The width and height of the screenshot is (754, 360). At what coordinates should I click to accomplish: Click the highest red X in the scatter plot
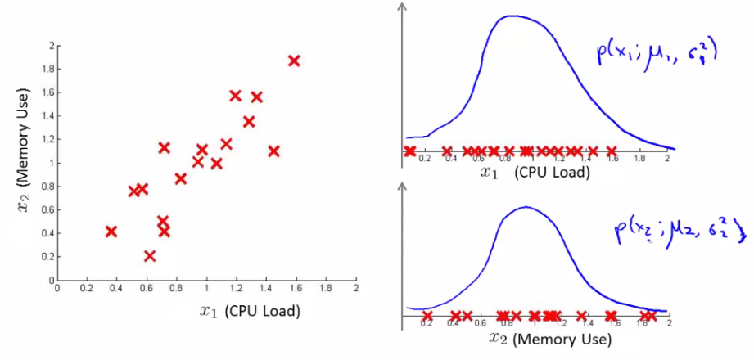pyautogui.click(x=294, y=61)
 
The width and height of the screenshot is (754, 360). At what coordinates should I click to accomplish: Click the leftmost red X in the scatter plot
pyautogui.click(x=111, y=232)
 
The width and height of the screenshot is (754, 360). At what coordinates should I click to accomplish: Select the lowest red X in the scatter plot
pyautogui.click(x=149, y=256)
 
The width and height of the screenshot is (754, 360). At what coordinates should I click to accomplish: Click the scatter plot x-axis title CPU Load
pyautogui.click(x=250, y=311)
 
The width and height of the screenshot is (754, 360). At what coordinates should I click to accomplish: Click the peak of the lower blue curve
pyautogui.click(x=525, y=207)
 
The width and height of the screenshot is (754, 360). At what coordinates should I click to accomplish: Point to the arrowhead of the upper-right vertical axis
pyautogui.click(x=402, y=7)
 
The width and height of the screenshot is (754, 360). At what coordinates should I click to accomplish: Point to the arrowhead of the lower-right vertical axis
pyautogui.click(x=402, y=187)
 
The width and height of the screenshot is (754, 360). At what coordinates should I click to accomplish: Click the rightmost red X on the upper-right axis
pyautogui.click(x=611, y=151)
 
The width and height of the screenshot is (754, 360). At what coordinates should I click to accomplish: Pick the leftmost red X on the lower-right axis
pyautogui.click(x=427, y=315)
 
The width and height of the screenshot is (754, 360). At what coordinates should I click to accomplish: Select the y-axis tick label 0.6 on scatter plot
pyautogui.click(x=48, y=209)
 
